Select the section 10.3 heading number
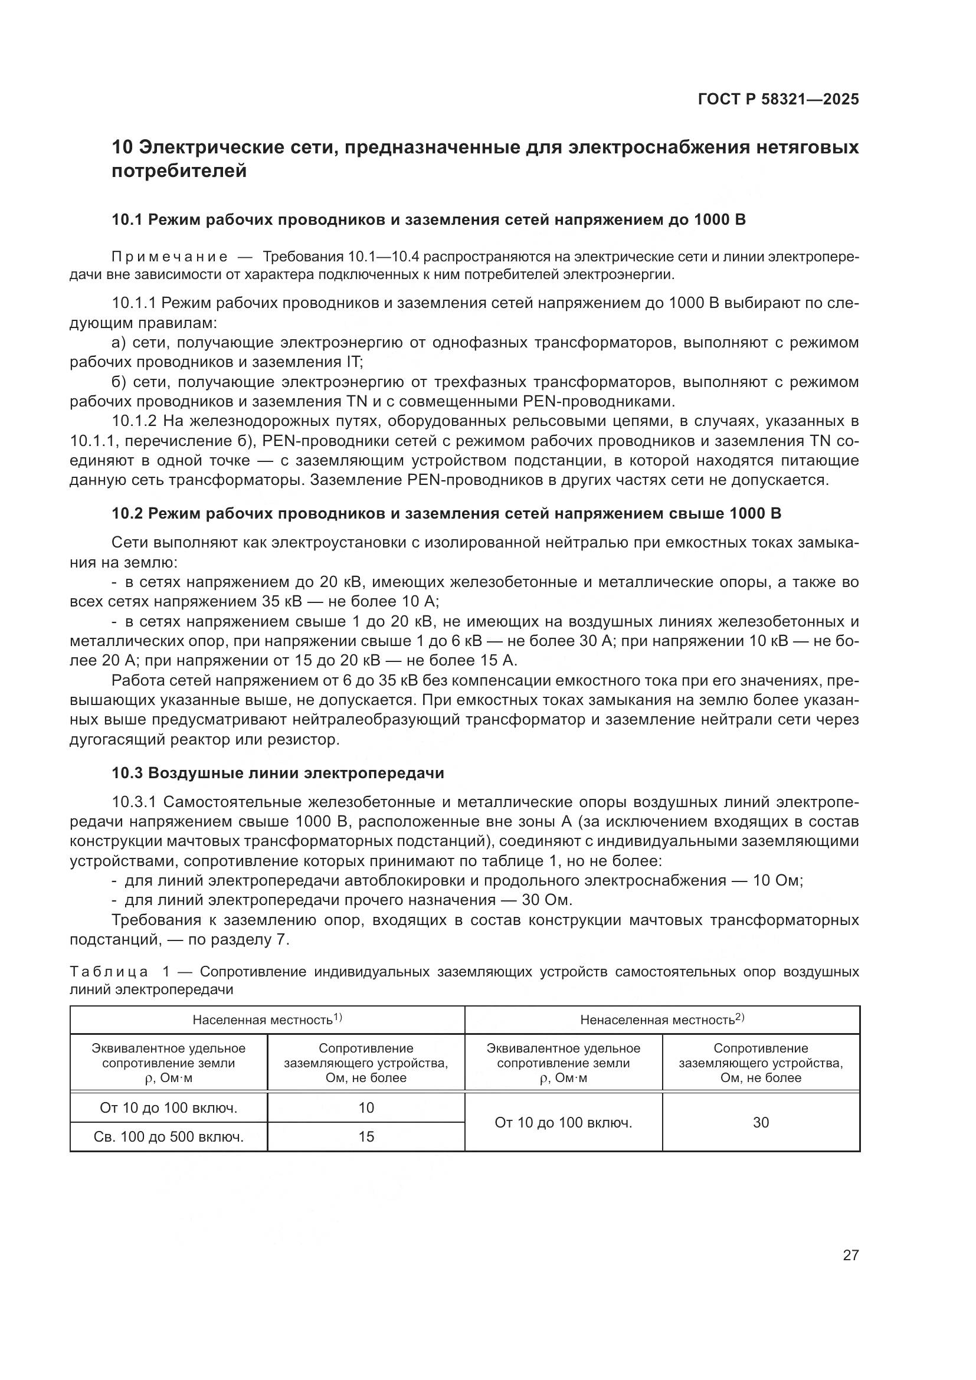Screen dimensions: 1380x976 tap(127, 773)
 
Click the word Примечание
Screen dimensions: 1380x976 tap(169, 257)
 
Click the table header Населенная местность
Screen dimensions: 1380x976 tap(263, 1020)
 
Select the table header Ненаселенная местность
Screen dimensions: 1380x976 tap(657, 1020)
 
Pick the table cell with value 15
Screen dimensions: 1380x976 tap(366, 1136)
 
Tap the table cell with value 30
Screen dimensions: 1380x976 tap(761, 1122)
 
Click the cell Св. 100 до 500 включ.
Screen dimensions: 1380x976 tap(169, 1137)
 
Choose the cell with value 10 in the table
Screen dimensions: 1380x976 tap(366, 1108)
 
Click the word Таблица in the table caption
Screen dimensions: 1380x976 tap(109, 972)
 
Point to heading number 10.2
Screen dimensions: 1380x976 tap(127, 514)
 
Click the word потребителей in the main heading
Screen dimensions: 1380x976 tap(179, 171)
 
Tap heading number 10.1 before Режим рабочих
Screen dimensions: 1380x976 tap(127, 220)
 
